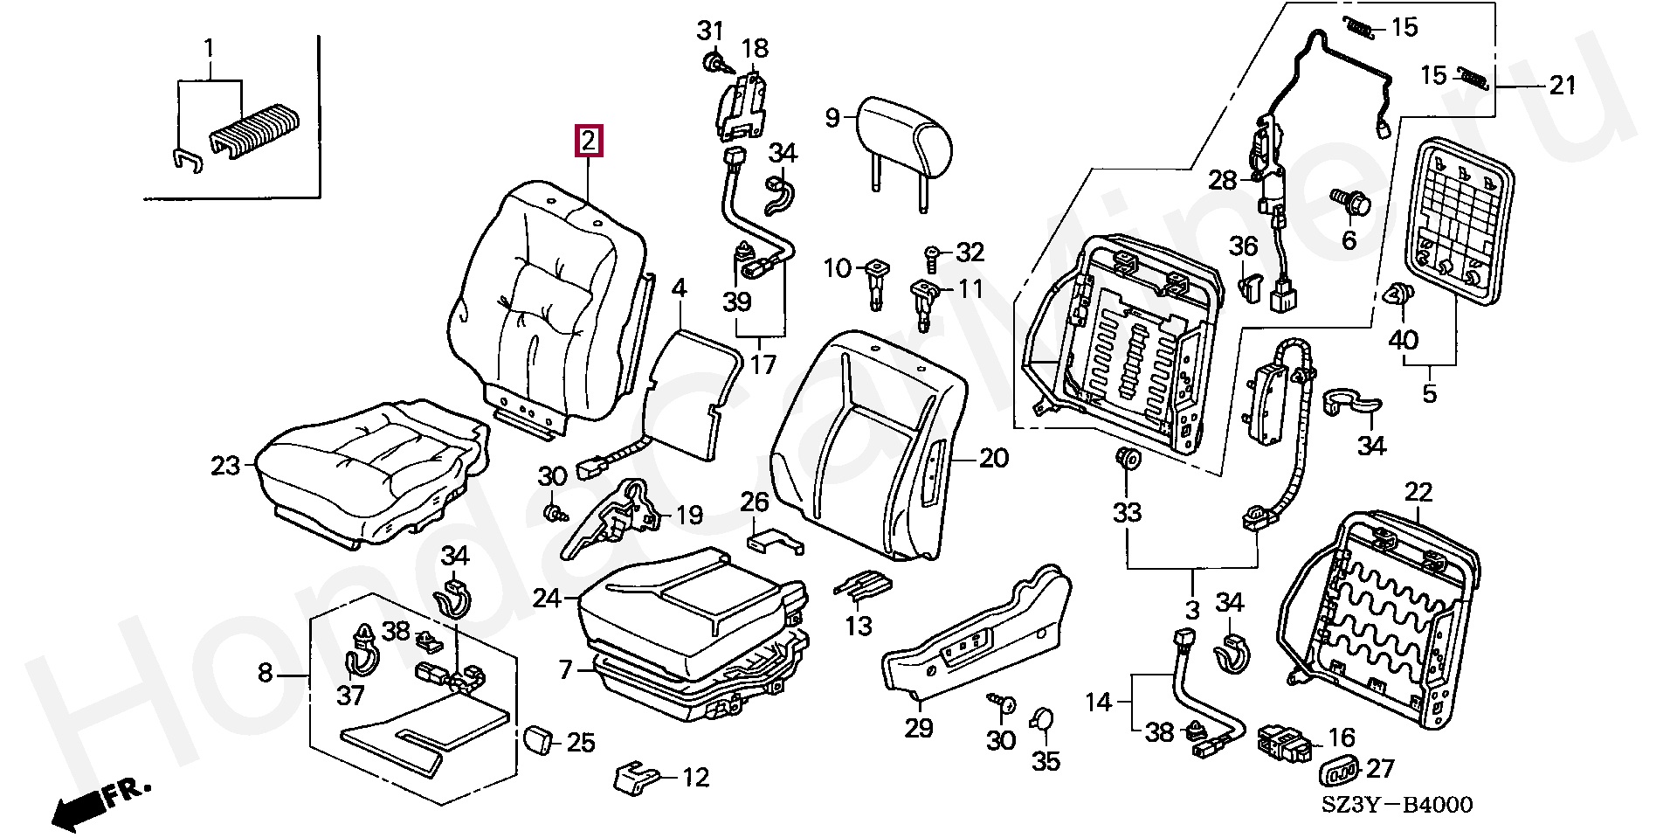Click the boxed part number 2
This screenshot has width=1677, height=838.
588,141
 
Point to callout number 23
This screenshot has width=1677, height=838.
224,466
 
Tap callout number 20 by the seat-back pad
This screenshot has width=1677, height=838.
993,458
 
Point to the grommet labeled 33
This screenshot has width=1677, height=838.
1128,461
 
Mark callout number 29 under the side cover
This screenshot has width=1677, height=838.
919,727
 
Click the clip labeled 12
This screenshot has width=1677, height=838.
638,776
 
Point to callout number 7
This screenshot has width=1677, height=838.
565,670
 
